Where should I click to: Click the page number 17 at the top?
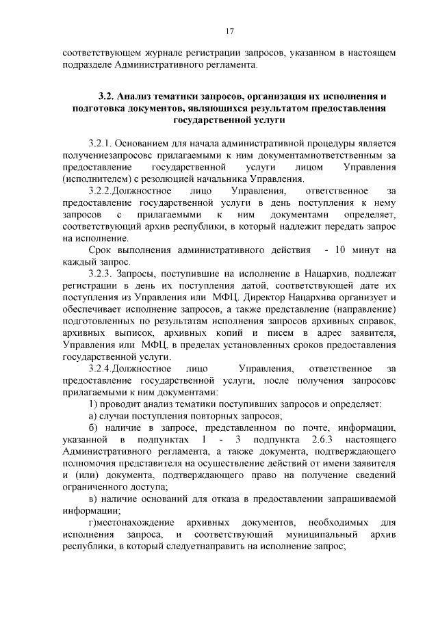[x=230, y=30]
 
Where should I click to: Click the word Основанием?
[x=144, y=144]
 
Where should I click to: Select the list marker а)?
[x=94, y=416]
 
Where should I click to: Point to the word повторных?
[x=207, y=416]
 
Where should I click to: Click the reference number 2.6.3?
[x=305, y=440]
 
